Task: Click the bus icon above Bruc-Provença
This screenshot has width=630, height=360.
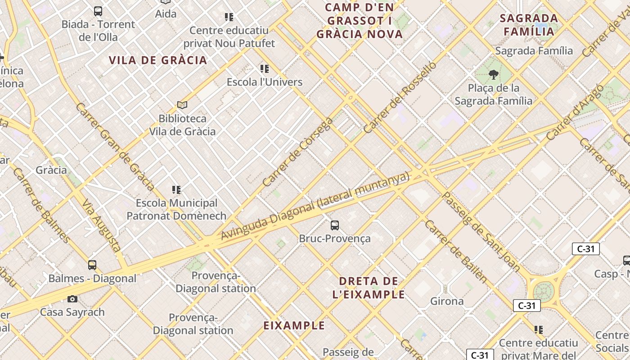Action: click(335, 225)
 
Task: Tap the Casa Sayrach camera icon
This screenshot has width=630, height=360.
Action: click(72, 299)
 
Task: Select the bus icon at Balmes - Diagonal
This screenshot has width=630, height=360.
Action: click(92, 265)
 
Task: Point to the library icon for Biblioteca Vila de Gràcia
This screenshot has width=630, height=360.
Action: click(182, 105)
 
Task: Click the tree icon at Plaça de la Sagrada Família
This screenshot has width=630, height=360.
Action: click(494, 75)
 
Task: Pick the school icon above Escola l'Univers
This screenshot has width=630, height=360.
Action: click(265, 69)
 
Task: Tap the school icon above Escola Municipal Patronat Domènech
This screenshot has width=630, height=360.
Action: click(176, 190)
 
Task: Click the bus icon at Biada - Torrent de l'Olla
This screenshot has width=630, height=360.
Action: click(98, 11)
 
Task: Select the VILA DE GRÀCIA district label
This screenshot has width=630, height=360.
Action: click(158, 60)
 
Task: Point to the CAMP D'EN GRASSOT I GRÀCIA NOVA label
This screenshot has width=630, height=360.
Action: click(359, 21)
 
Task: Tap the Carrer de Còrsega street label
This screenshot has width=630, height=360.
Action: click(297, 152)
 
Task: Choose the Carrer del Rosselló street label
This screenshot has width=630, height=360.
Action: click(400, 97)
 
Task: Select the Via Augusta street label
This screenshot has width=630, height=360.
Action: click(101, 225)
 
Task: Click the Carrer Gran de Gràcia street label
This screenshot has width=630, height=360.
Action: click(115, 147)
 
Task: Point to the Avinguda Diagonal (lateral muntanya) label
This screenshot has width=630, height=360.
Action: click(315, 206)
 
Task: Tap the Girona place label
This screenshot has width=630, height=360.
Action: click(447, 301)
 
